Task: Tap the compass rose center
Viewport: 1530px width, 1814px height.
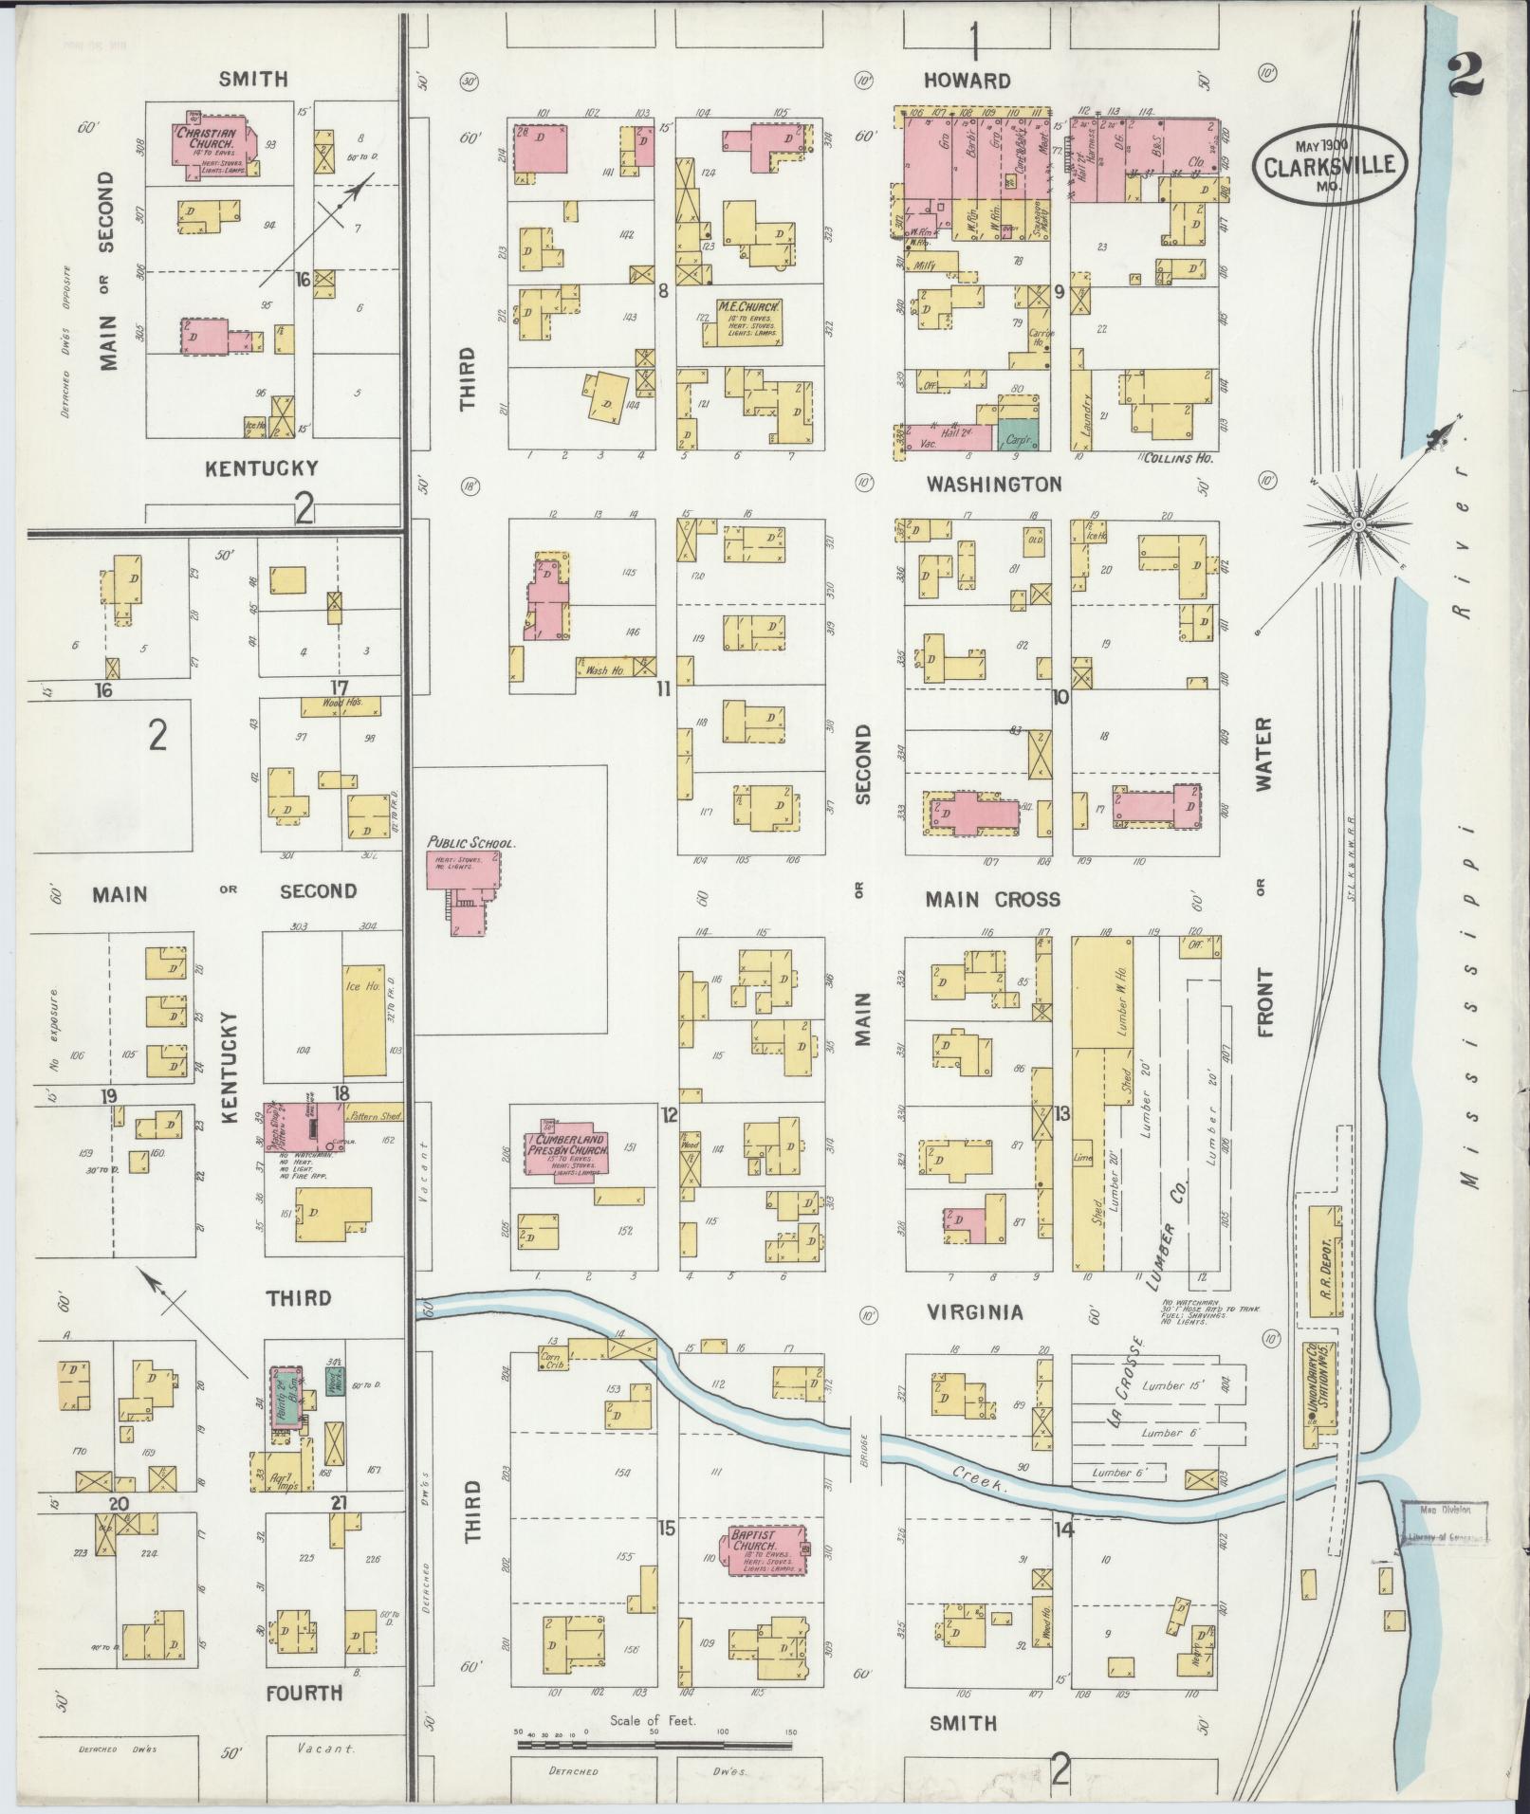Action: click(x=1358, y=524)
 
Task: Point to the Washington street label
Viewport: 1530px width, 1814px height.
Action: click(x=993, y=485)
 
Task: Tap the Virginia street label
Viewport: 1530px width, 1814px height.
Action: click(x=974, y=1311)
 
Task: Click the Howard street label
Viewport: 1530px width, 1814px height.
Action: click(x=968, y=81)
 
